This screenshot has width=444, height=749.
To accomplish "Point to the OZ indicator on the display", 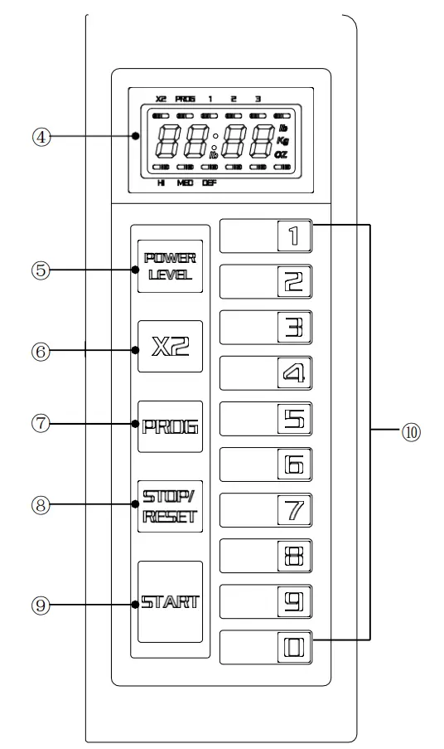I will click(x=283, y=155).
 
